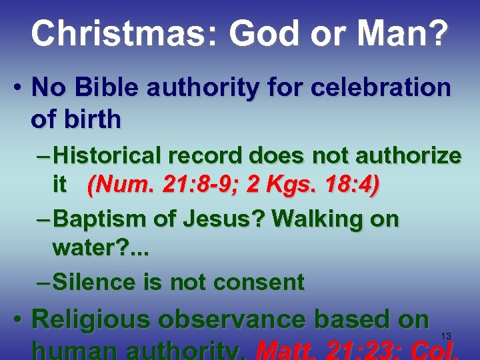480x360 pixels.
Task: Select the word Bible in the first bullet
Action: coord(100,87)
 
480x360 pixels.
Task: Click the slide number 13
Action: coord(446,335)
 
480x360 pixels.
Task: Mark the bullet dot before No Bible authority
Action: coord(20,88)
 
